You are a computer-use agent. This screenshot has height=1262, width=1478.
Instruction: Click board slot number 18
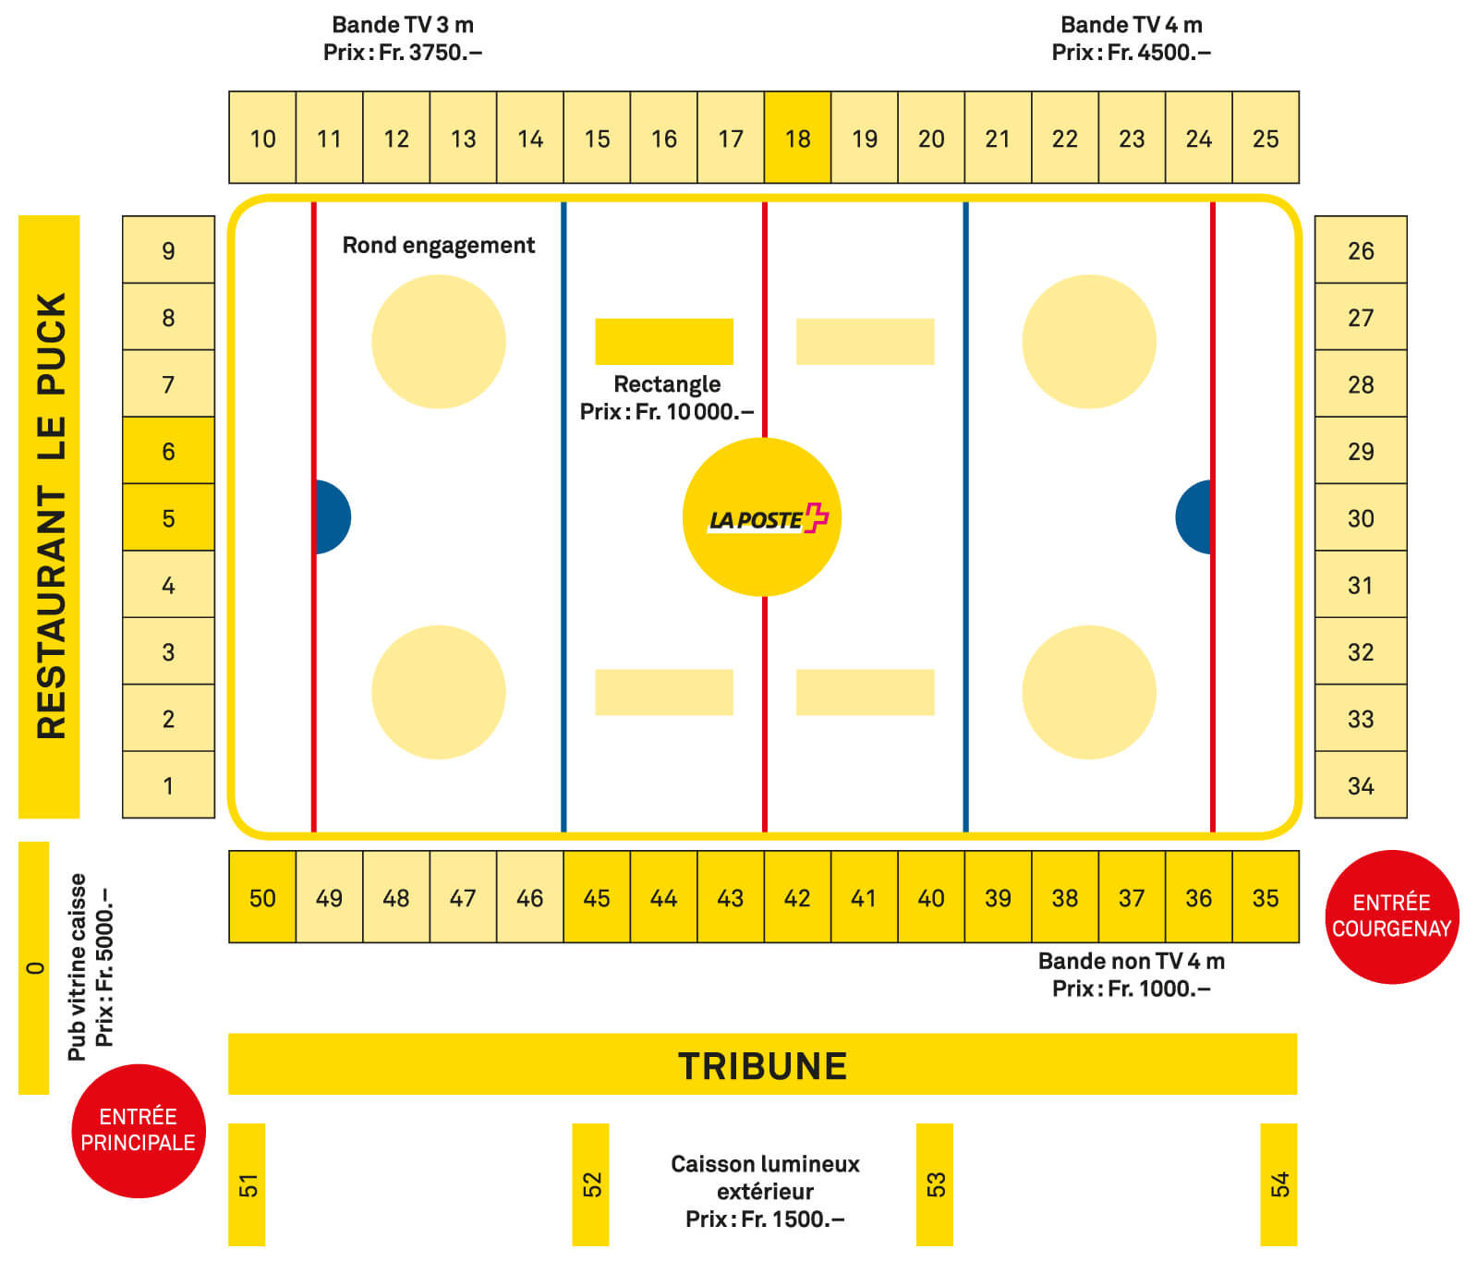tap(797, 138)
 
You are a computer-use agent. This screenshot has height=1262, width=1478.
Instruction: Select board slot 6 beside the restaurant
tap(168, 451)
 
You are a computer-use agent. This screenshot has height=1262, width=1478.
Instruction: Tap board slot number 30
tap(1360, 517)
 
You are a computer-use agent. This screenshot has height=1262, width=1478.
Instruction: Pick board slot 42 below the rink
tap(797, 897)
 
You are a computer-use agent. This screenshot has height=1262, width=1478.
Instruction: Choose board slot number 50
tap(262, 897)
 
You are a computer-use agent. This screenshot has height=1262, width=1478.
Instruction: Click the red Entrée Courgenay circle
tap(1391, 916)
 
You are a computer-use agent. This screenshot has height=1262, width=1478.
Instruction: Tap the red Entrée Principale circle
tap(139, 1130)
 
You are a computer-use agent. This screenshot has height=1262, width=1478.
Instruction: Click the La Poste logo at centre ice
tap(762, 517)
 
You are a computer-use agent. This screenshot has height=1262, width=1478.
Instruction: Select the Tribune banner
tap(762, 1064)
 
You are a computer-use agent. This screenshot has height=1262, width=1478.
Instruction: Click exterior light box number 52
tap(590, 1183)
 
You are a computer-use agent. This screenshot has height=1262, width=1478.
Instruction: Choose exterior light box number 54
tap(1278, 1183)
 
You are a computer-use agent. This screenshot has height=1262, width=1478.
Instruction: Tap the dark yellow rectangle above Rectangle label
tap(663, 341)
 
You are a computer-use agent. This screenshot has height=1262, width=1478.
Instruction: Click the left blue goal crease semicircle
tap(333, 516)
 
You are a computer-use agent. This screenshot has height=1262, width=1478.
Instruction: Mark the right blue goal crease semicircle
tap(1194, 516)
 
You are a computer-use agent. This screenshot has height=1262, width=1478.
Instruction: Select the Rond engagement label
tap(438, 245)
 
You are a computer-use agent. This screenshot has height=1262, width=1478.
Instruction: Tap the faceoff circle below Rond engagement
tap(438, 341)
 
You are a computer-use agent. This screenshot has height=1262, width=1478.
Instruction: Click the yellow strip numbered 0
tap(34, 967)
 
